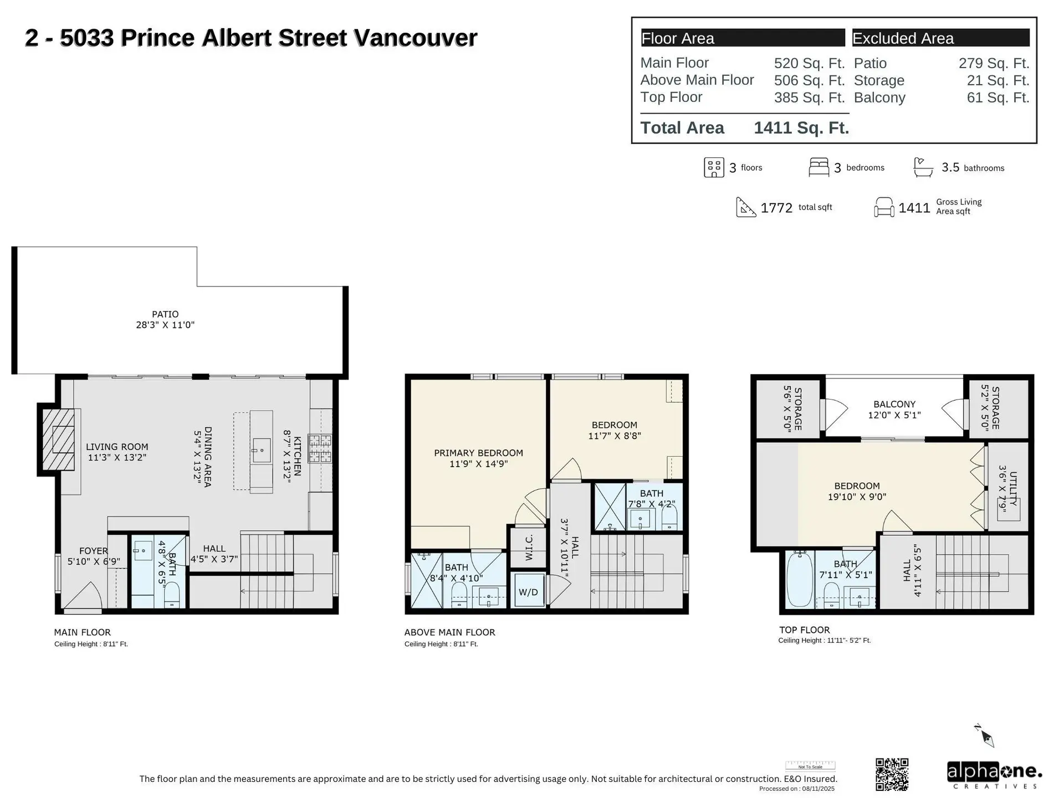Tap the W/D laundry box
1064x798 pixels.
pyautogui.click(x=528, y=592)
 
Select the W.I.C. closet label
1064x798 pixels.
pyautogui.click(x=529, y=547)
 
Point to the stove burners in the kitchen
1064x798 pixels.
pyautogui.click(x=320, y=448)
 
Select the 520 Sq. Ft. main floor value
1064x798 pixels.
pyautogui.click(x=809, y=63)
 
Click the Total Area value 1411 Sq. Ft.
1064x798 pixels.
pyautogui.click(x=801, y=128)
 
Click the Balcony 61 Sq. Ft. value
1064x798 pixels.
pyautogui.click(x=997, y=98)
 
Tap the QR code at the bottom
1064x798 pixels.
pyautogui.click(x=892, y=774)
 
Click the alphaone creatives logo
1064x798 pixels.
pyautogui.click(x=994, y=774)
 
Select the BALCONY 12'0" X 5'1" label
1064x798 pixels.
pyautogui.click(x=894, y=410)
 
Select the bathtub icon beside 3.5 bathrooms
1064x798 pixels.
pyautogui.click(x=923, y=167)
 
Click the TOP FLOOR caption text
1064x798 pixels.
pyautogui.click(x=804, y=630)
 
